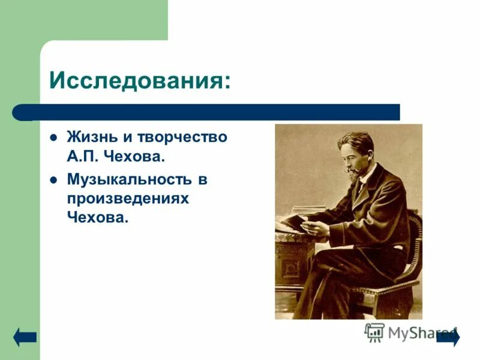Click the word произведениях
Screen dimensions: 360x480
pos(128,198)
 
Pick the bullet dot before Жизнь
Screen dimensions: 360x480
pos(53,137)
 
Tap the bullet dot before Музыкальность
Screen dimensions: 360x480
pos(53,179)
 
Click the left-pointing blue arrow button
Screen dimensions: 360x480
pos(25,337)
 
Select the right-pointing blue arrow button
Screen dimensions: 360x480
pos(449,337)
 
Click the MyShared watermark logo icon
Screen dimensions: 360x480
pos(374,332)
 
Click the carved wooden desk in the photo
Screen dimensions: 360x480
pos(288,264)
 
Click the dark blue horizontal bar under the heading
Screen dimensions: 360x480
pos(216,112)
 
